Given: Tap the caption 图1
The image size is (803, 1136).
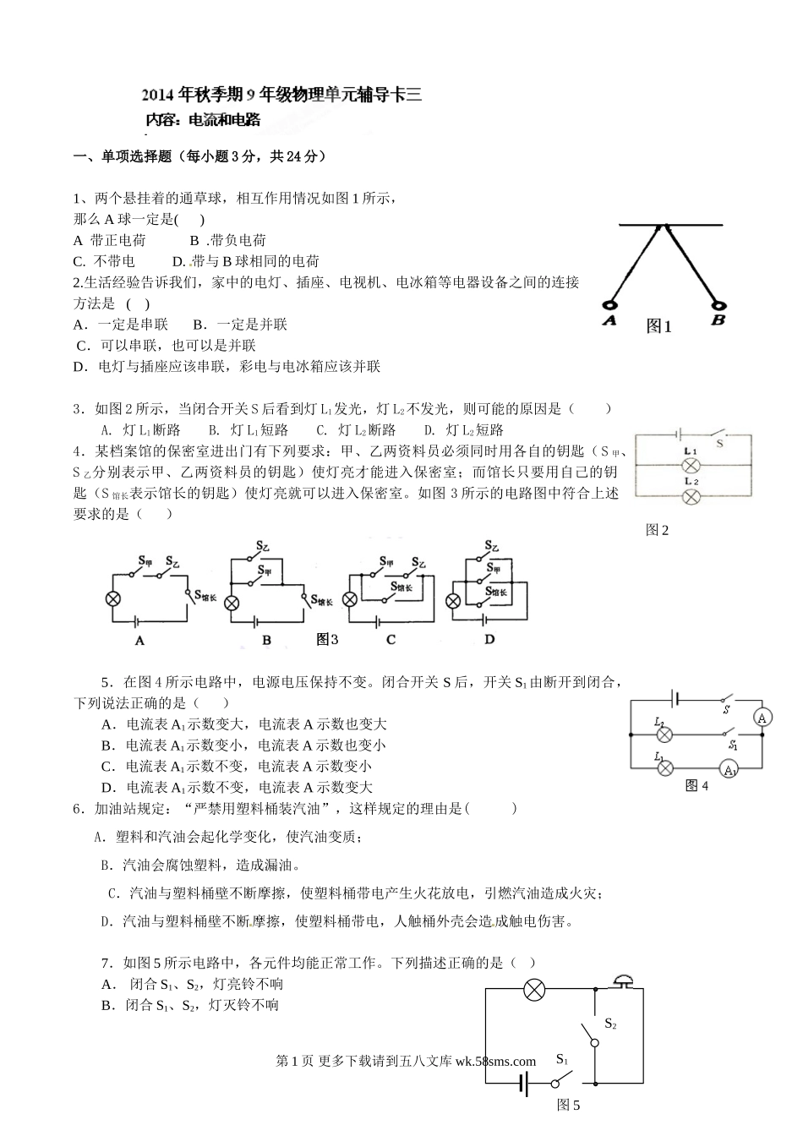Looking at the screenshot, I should [658, 326].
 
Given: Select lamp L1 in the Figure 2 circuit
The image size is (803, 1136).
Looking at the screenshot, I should [691, 465].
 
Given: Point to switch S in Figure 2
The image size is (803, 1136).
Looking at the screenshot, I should [715, 433].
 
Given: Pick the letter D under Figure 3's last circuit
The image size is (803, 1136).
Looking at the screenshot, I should [489, 640].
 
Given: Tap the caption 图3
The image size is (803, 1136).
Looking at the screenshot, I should [327, 639].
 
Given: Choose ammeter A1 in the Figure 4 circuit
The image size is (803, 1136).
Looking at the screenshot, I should [729, 769].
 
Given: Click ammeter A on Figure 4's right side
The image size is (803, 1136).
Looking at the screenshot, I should [762, 718].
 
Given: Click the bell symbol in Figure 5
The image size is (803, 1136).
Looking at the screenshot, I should [622, 980].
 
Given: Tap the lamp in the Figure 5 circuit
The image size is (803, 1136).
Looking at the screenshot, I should [533, 990].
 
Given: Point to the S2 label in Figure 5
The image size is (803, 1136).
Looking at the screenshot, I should [610, 1024].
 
